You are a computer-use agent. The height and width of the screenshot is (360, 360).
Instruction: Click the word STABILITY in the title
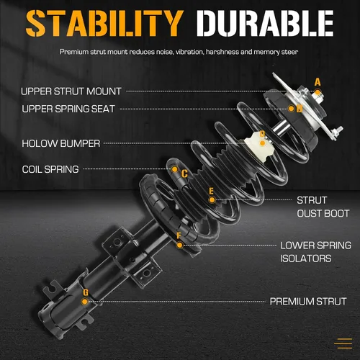click(x=104, y=23)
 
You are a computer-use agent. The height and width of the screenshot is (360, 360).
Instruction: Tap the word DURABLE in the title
click(x=265, y=23)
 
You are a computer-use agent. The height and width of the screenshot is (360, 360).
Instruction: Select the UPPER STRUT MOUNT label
click(x=71, y=91)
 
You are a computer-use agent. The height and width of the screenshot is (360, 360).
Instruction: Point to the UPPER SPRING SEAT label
click(x=68, y=109)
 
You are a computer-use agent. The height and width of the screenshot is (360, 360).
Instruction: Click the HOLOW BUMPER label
click(x=61, y=143)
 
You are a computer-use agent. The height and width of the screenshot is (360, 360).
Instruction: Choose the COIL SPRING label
click(x=50, y=169)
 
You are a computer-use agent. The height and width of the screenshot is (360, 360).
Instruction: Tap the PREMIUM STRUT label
click(x=308, y=302)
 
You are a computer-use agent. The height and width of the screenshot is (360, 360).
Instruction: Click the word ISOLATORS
click(x=306, y=258)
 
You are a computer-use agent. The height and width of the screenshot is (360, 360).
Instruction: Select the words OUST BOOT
click(x=323, y=214)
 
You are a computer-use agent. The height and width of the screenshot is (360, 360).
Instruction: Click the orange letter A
click(x=318, y=82)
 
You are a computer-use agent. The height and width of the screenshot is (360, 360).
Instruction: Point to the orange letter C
click(x=184, y=174)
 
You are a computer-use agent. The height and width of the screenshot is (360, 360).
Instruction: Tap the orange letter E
click(x=211, y=191)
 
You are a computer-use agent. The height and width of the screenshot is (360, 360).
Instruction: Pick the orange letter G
click(x=86, y=292)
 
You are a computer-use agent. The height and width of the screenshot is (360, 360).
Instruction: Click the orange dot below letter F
click(x=179, y=246)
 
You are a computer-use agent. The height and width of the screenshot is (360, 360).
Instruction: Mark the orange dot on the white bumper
click(x=263, y=143)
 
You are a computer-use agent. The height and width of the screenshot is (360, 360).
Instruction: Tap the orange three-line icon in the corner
click(x=343, y=343)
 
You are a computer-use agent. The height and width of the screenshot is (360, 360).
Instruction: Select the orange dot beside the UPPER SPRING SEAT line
click(x=292, y=109)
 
